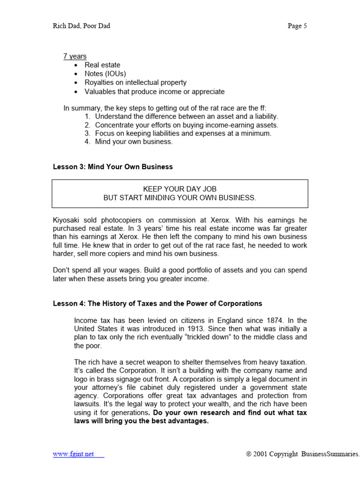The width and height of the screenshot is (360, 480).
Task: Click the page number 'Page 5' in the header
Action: tap(297, 26)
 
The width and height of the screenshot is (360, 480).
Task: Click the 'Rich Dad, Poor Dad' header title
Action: tap(82, 26)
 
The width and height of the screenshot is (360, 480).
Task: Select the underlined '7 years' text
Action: tap(75, 56)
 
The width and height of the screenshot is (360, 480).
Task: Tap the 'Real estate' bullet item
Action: tap(102, 65)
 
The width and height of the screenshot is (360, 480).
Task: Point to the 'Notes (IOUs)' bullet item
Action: tap(105, 74)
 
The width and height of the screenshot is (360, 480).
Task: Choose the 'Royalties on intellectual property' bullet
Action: tap(135, 82)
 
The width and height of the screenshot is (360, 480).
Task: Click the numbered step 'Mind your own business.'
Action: tap(134, 142)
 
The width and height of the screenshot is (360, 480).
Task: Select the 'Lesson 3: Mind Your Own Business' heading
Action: tap(112, 167)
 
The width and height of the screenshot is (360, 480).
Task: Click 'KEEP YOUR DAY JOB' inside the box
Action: tap(180, 189)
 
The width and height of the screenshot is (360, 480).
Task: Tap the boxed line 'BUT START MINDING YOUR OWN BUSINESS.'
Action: tap(180, 198)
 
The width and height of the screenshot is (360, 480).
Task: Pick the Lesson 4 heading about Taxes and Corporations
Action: tap(157, 304)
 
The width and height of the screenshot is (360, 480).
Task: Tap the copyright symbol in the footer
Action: tap(249, 454)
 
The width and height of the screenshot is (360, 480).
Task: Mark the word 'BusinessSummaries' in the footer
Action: tap(330, 454)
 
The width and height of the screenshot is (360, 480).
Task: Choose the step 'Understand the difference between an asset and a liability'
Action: tap(187, 116)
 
